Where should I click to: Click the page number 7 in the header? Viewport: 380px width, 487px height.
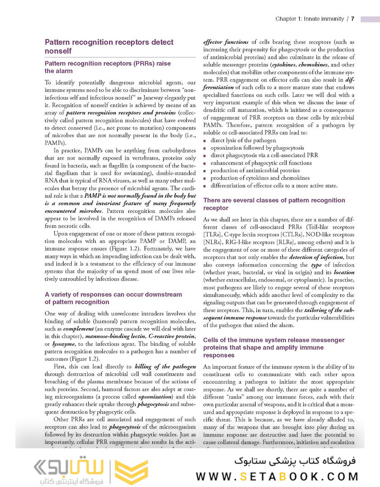(353, 19)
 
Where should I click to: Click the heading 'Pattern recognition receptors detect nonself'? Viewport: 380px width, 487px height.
(109, 46)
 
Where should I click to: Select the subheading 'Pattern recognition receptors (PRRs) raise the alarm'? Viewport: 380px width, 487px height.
(108, 67)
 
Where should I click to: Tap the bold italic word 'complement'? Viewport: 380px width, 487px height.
(77, 330)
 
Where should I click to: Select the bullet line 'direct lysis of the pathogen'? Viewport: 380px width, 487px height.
(243, 140)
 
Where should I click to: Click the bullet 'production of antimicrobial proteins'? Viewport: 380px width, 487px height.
(255, 170)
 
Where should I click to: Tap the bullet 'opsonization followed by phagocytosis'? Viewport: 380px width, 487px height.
(257, 148)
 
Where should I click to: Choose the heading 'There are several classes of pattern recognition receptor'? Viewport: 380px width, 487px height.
(274, 204)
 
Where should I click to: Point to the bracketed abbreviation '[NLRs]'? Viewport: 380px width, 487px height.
(214, 243)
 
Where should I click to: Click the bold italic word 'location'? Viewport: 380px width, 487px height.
(344, 272)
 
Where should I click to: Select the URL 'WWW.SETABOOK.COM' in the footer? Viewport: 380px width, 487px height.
(277, 476)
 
